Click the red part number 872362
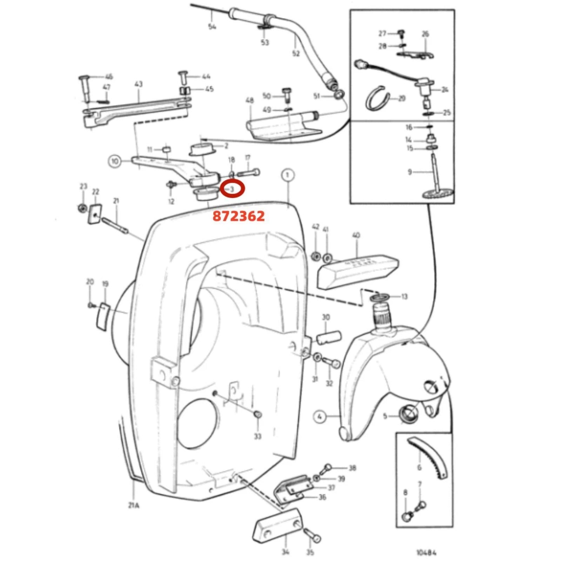(x=238, y=216)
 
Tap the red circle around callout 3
(x=232, y=189)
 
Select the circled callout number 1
(x=287, y=175)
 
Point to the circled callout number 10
(x=114, y=161)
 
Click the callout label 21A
(x=134, y=506)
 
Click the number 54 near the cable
(x=212, y=26)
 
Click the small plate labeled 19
(x=102, y=316)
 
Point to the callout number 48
(x=250, y=101)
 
